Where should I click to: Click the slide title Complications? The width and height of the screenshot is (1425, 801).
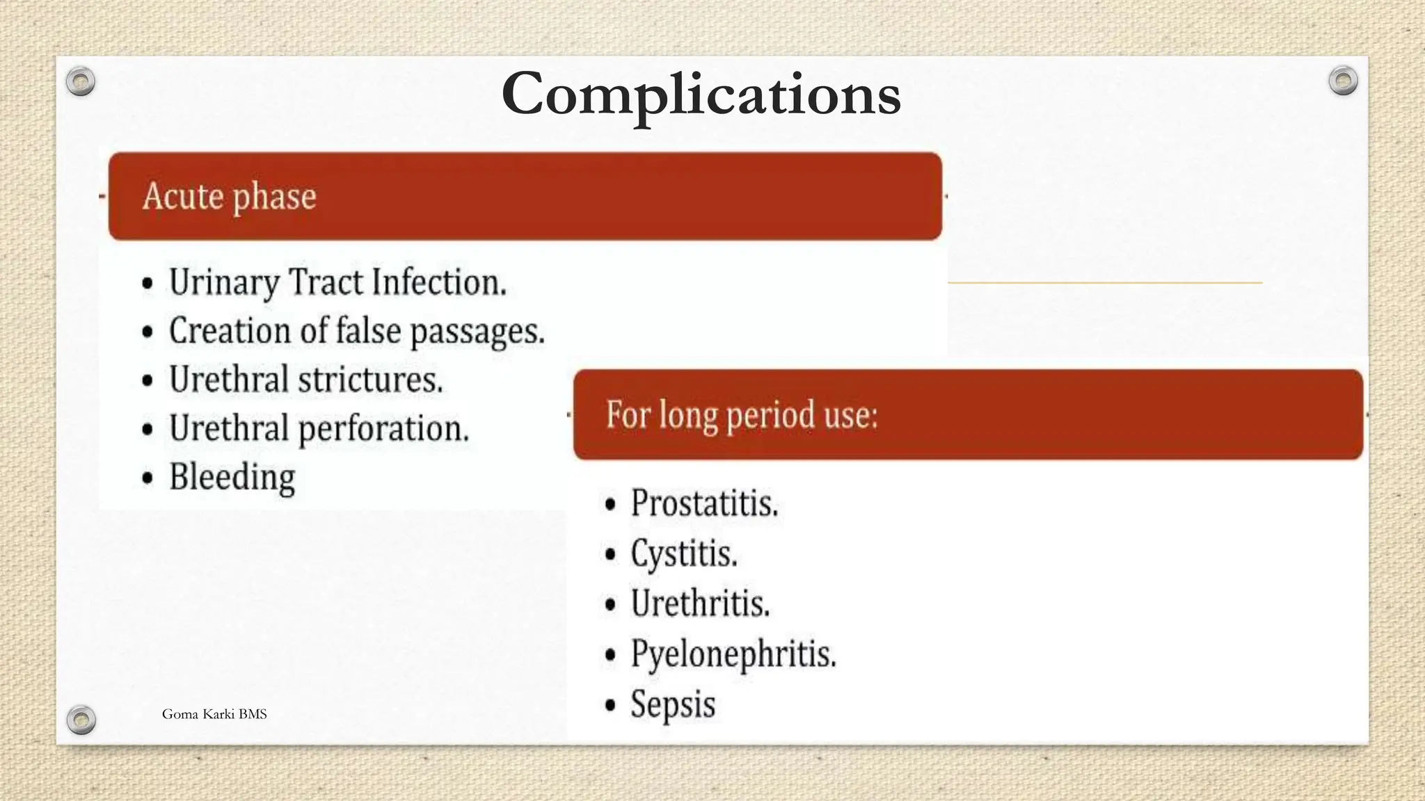click(701, 95)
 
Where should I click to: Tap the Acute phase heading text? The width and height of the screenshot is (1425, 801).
click(230, 196)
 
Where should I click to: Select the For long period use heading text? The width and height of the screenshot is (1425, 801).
click(742, 415)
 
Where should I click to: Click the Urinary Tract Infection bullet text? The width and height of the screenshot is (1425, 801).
click(337, 282)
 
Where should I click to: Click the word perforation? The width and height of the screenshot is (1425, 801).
click(383, 428)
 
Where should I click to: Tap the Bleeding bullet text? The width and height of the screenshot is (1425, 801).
click(232, 477)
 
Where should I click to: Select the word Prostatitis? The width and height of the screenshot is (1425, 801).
click(704, 503)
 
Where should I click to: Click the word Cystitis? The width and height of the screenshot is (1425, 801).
click(684, 554)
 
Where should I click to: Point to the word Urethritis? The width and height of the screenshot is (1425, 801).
click(700, 604)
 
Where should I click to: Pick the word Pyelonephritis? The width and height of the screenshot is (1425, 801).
click(733, 654)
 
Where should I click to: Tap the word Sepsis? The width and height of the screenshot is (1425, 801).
click(673, 704)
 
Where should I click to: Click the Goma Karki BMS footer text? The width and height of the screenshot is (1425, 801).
click(214, 714)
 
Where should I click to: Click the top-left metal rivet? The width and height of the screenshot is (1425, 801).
click(81, 82)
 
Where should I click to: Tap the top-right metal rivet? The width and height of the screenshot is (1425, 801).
click(1343, 81)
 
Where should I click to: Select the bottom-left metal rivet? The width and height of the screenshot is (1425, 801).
click(81, 720)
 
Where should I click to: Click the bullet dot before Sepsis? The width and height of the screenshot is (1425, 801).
click(610, 706)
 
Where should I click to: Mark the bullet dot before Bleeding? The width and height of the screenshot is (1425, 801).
click(148, 478)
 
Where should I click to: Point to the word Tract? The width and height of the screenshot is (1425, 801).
click(326, 282)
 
